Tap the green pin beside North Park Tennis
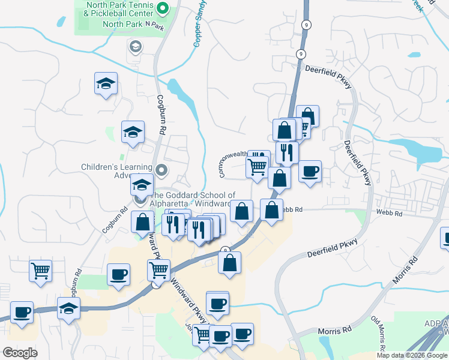pyautogui.click(x=163, y=8)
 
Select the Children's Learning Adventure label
pyautogui.click(x=117, y=171)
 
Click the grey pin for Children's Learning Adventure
pyautogui.click(x=161, y=171)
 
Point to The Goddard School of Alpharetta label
pyautogui.click(x=192, y=199)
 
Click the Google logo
pyautogui.click(x=20, y=353)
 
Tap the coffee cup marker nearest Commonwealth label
pyautogui.click(x=310, y=172)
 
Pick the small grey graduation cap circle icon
pyautogui.click(x=136, y=46)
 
